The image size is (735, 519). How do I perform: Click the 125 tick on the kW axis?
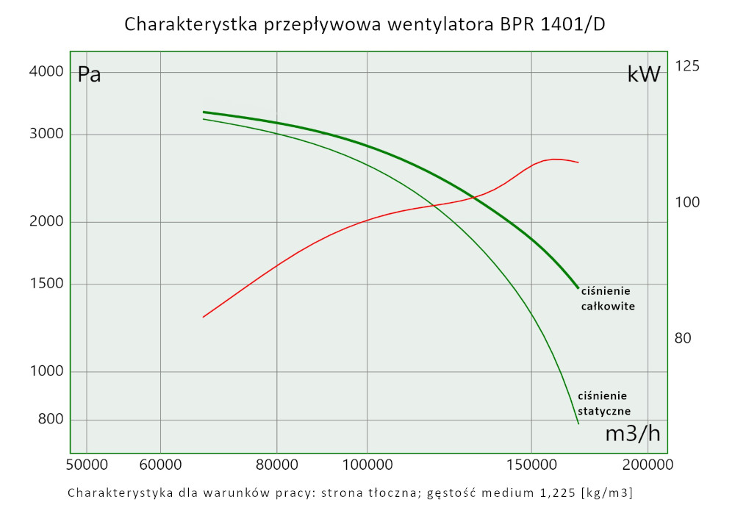687,67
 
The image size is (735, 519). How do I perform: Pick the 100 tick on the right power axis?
687,203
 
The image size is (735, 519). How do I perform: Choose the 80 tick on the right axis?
684,339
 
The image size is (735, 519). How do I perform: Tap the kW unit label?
644,74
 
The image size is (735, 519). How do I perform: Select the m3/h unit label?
632,434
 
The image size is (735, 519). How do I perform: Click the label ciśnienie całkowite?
607,298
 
